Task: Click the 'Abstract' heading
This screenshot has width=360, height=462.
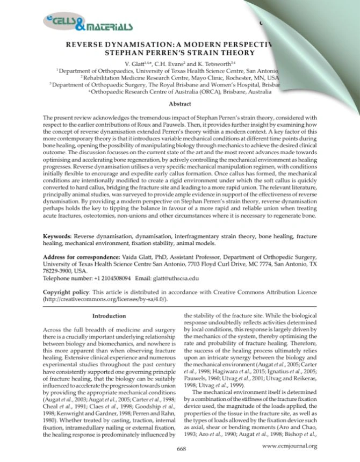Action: pos(179,103)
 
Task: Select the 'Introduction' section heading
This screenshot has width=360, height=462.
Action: pos(109,316)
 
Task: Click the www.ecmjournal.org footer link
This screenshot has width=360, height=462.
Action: pos(290,446)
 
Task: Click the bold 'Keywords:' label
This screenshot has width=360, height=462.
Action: pos(57,236)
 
